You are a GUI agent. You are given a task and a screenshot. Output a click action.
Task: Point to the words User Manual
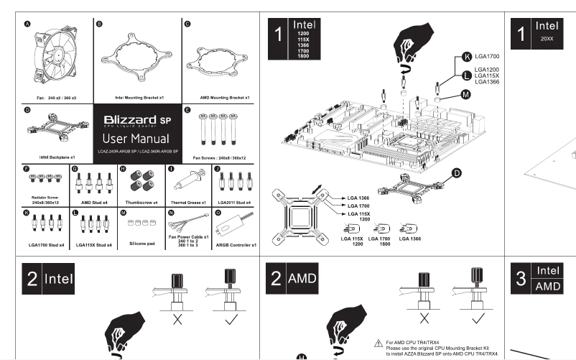135,138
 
